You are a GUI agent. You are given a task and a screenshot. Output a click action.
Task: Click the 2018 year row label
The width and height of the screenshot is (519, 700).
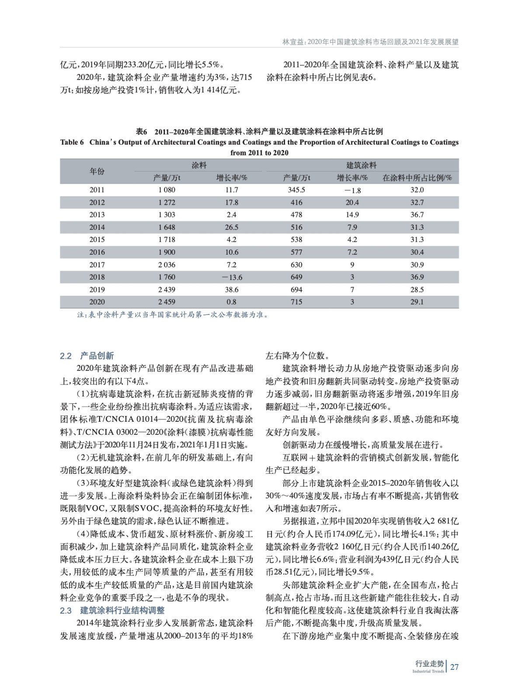pyautogui.click(x=97, y=277)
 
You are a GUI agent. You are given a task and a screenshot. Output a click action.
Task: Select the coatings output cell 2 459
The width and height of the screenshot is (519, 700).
pyautogui.click(x=167, y=302)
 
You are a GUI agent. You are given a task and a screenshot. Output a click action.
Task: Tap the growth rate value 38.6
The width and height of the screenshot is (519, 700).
pyautogui.click(x=232, y=290)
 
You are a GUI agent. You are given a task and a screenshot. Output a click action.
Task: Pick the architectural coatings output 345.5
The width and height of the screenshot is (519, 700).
pyautogui.click(x=296, y=190)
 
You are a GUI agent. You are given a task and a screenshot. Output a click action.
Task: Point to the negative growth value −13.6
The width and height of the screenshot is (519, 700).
pyautogui.click(x=232, y=277)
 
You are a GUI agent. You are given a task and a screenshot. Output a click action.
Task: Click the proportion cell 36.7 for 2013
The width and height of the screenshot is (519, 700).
pyautogui.click(x=417, y=215)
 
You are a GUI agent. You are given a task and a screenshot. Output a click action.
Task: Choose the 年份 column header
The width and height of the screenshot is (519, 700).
pyautogui.click(x=97, y=171)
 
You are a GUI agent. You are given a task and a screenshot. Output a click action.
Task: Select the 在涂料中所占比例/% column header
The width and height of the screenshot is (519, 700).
pyautogui.click(x=417, y=178)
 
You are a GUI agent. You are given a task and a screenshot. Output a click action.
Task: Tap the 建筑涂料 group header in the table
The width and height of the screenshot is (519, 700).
pyautogui.click(x=362, y=165)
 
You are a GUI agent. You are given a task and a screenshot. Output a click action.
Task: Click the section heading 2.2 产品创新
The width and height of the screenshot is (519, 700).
pyautogui.click(x=87, y=356)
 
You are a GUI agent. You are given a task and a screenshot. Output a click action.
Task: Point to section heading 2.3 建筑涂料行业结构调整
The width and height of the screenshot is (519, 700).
pyautogui.click(x=112, y=610)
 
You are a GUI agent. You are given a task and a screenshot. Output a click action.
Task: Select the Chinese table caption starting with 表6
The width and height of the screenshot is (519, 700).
pyautogui.click(x=259, y=131)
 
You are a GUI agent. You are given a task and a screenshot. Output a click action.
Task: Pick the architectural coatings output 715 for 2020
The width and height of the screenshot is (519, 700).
pyautogui.click(x=296, y=302)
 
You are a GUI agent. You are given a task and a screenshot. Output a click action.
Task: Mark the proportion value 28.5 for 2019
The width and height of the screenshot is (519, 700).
pyautogui.click(x=417, y=290)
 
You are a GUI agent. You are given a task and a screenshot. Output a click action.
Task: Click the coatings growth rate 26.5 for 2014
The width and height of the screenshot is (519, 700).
pyautogui.click(x=232, y=227)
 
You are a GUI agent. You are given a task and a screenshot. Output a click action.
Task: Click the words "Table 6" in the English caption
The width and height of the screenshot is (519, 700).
pyautogui.click(x=72, y=142)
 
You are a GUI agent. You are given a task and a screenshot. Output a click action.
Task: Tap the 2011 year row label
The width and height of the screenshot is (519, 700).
pyautogui.click(x=97, y=190)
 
